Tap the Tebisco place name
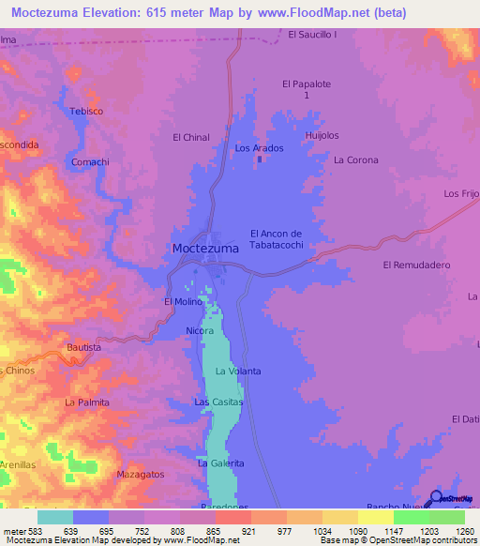coord(85,111)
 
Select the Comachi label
coord(90,161)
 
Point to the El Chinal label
coord(191,137)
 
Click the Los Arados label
coord(258,148)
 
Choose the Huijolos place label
coord(322,135)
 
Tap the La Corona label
coord(356,160)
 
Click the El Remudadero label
coord(417,265)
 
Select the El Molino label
coord(183,301)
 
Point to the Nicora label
coord(200,331)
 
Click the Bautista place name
coord(84,347)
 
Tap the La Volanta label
coord(238,372)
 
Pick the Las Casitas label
coord(218,402)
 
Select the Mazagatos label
coord(141,475)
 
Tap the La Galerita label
coord(221,463)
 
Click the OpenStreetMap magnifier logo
coord(437,499)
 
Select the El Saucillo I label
coord(312,35)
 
